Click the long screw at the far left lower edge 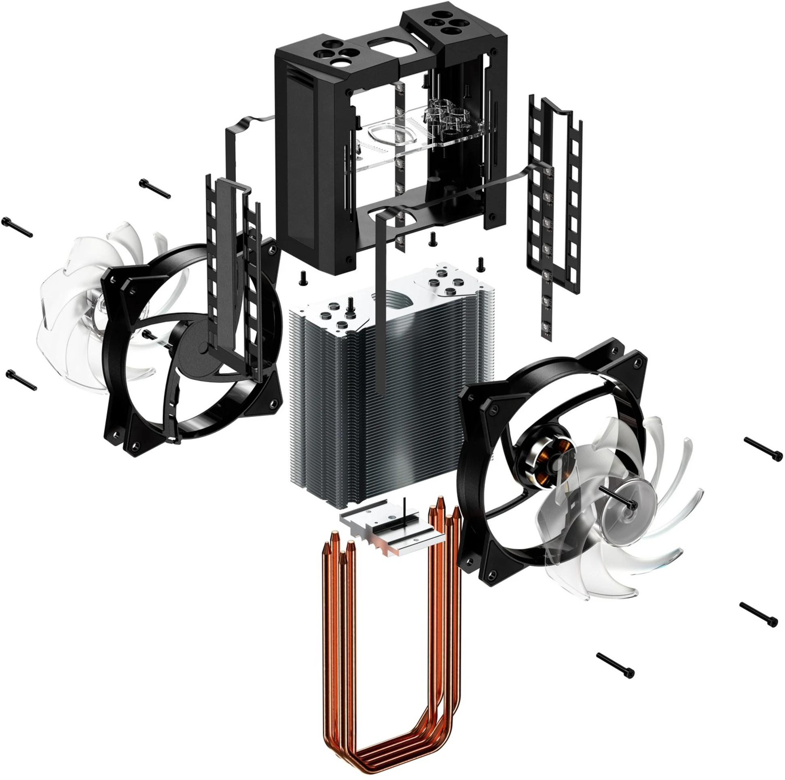(21, 380)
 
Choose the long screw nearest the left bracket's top (155, 189)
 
